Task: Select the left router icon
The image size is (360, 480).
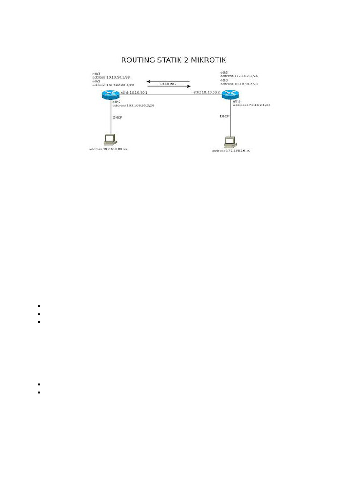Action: pos(111,94)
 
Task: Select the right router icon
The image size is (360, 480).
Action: pos(231,94)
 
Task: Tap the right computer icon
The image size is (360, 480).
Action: pos(231,141)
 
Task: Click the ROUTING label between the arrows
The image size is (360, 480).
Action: pos(168,84)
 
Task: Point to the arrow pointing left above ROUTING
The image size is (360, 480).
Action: pos(168,81)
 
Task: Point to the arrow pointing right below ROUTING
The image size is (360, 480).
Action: pos(168,86)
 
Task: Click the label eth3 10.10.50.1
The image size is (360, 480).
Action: pos(134,93)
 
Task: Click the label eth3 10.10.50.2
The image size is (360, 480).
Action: pos(207,93)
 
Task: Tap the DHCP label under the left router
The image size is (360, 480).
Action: pos(117,117)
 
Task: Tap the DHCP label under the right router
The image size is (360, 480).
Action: pos(225,116)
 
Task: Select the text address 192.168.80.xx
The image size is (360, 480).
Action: pos(108,149)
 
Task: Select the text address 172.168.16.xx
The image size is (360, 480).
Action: pos(231,150)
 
